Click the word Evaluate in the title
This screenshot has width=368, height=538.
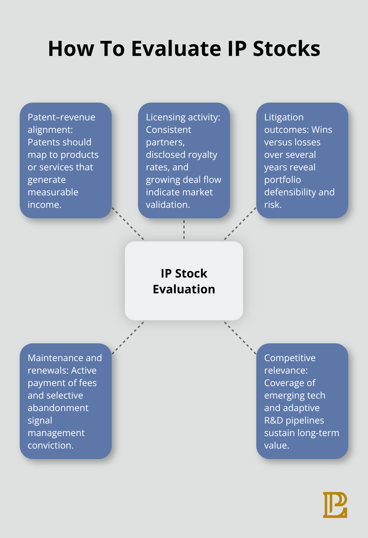tap(176, 49)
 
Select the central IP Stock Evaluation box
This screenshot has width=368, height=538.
tap(184, 281)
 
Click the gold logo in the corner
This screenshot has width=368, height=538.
tap(335, 505)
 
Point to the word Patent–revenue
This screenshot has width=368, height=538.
tap(61, 117)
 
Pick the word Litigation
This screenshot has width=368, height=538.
tap(284, 117)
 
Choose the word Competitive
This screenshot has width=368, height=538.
tap(290, 358)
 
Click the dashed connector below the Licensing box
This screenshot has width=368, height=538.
tap(184, 230)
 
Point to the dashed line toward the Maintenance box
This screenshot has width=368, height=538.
tap(128, 337)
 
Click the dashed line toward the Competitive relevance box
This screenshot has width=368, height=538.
tap(240, 337)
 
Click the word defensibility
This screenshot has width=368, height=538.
tap(286, 192)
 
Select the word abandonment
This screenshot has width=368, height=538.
tap(58, 408)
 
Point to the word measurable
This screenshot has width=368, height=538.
tap(53, 192)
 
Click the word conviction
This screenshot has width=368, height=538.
tap(50, 446)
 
